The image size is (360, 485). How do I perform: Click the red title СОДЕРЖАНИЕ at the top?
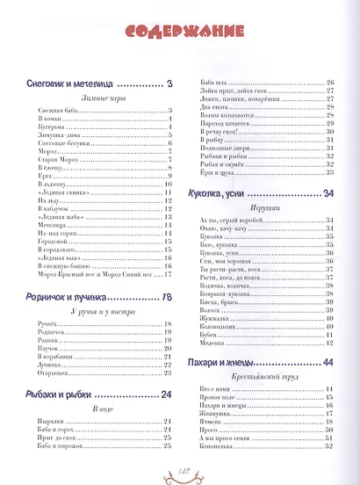179,33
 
